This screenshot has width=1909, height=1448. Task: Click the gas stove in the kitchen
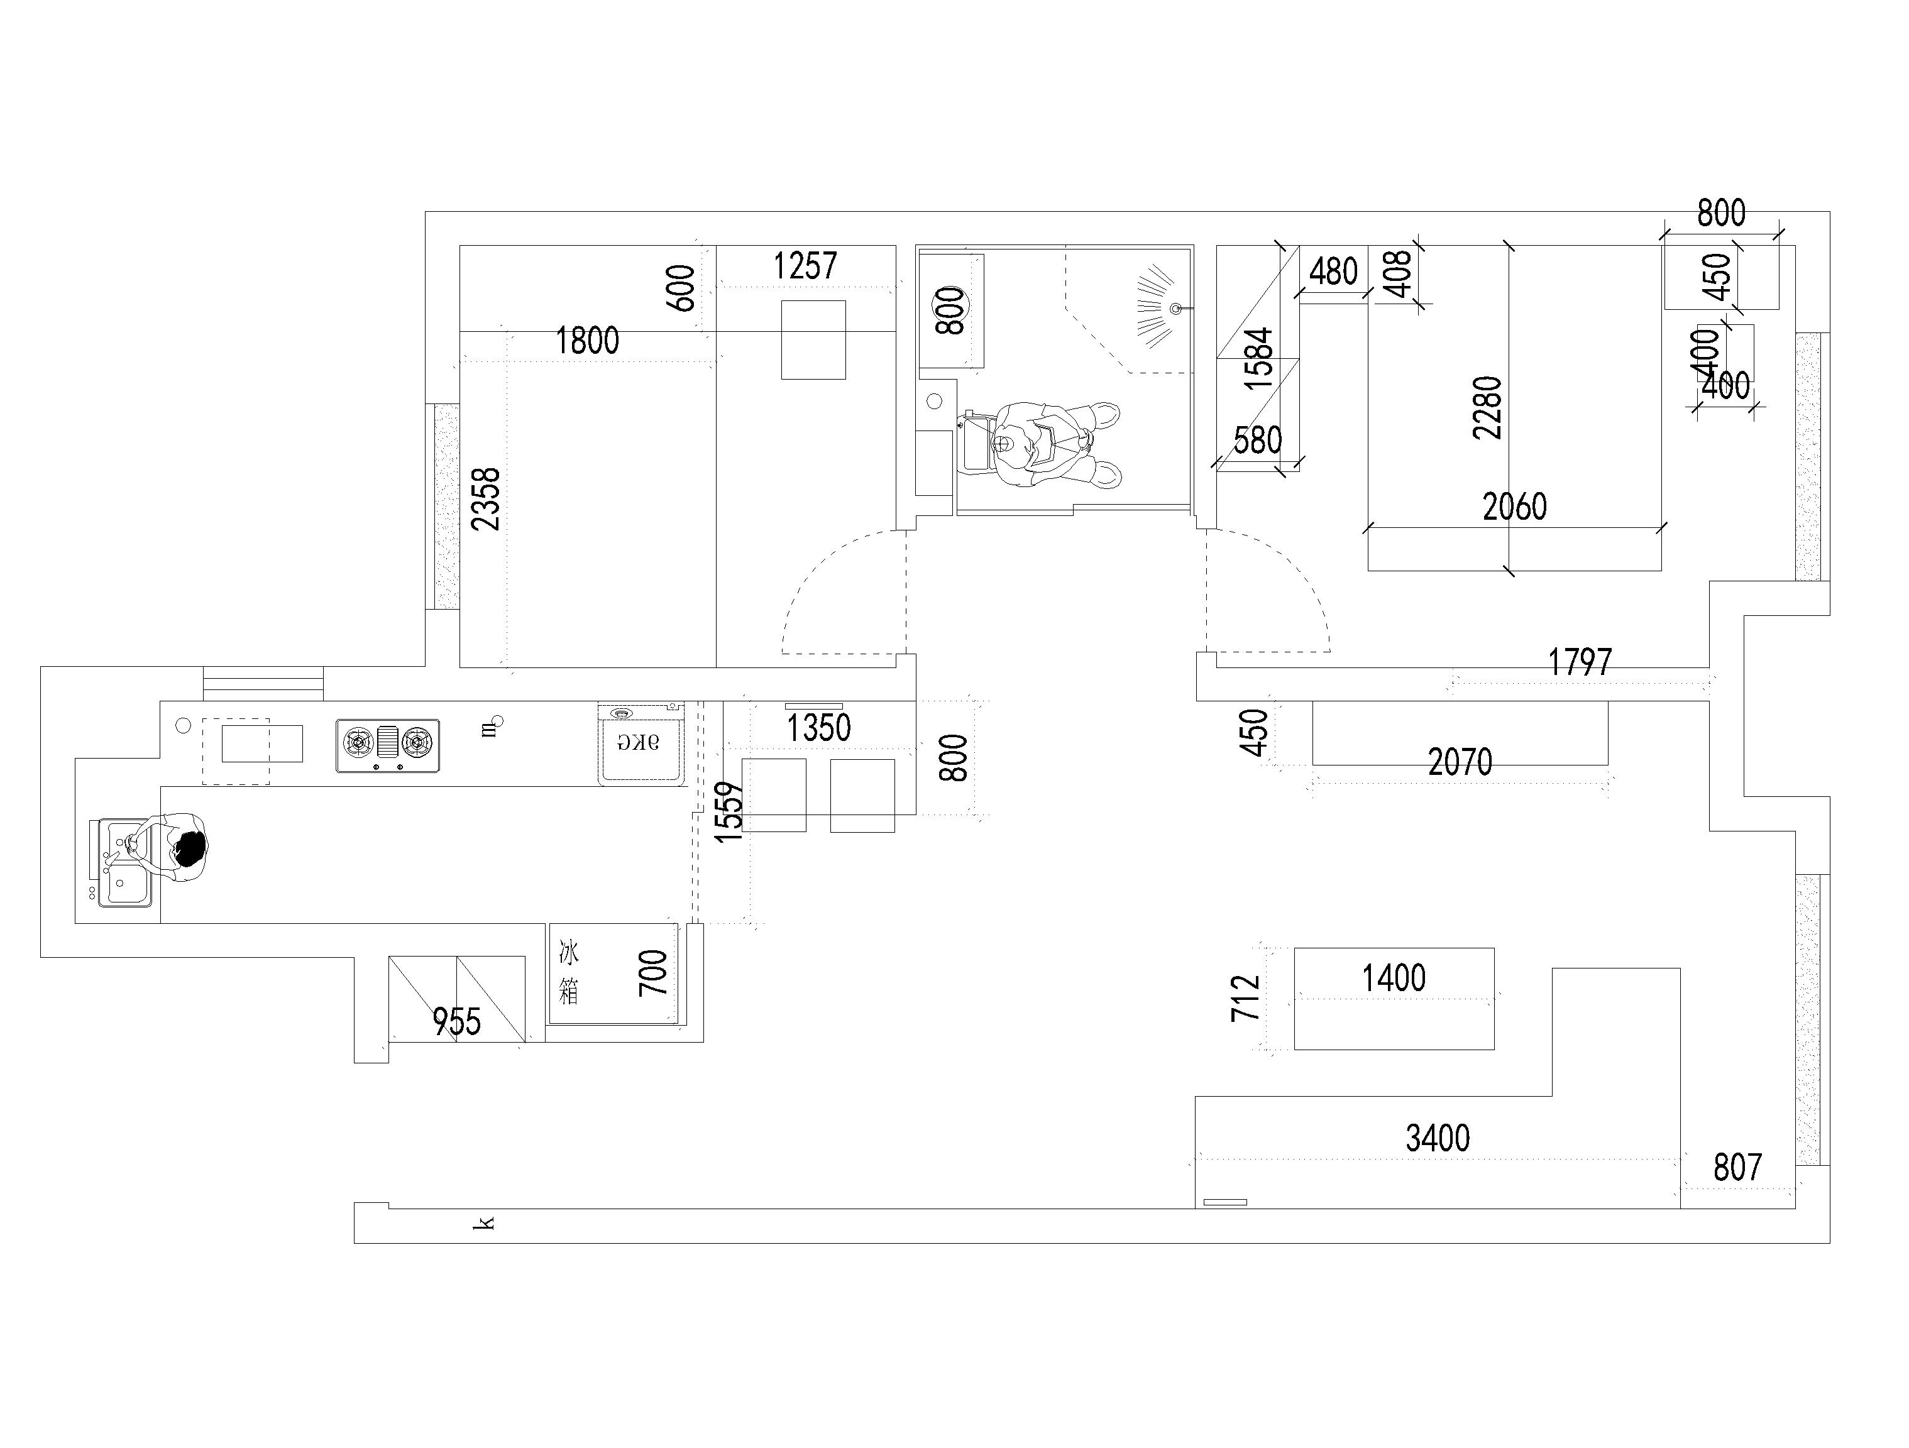[x=387, y=745]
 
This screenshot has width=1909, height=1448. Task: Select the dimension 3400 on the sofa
[x=1438, y=1139]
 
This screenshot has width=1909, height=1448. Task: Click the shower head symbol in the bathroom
[x=1157, y=308]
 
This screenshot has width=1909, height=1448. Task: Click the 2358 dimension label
[x=487, y=500]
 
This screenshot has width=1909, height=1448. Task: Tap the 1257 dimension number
[x=805, y=266]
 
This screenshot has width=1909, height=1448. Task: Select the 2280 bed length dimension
[x=1488, y=408]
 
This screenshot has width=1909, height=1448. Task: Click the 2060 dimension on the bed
[x=1515, y=507]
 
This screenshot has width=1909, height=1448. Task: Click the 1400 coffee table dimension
[x=1394, y=979]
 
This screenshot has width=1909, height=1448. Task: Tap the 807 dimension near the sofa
[x=1737, y=1168]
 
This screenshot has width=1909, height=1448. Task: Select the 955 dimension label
[x=456, y=1023]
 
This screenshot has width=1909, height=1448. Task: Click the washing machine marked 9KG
[x=641, y=744]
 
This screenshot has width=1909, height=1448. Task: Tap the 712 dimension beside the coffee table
[x=1245, y=999]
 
